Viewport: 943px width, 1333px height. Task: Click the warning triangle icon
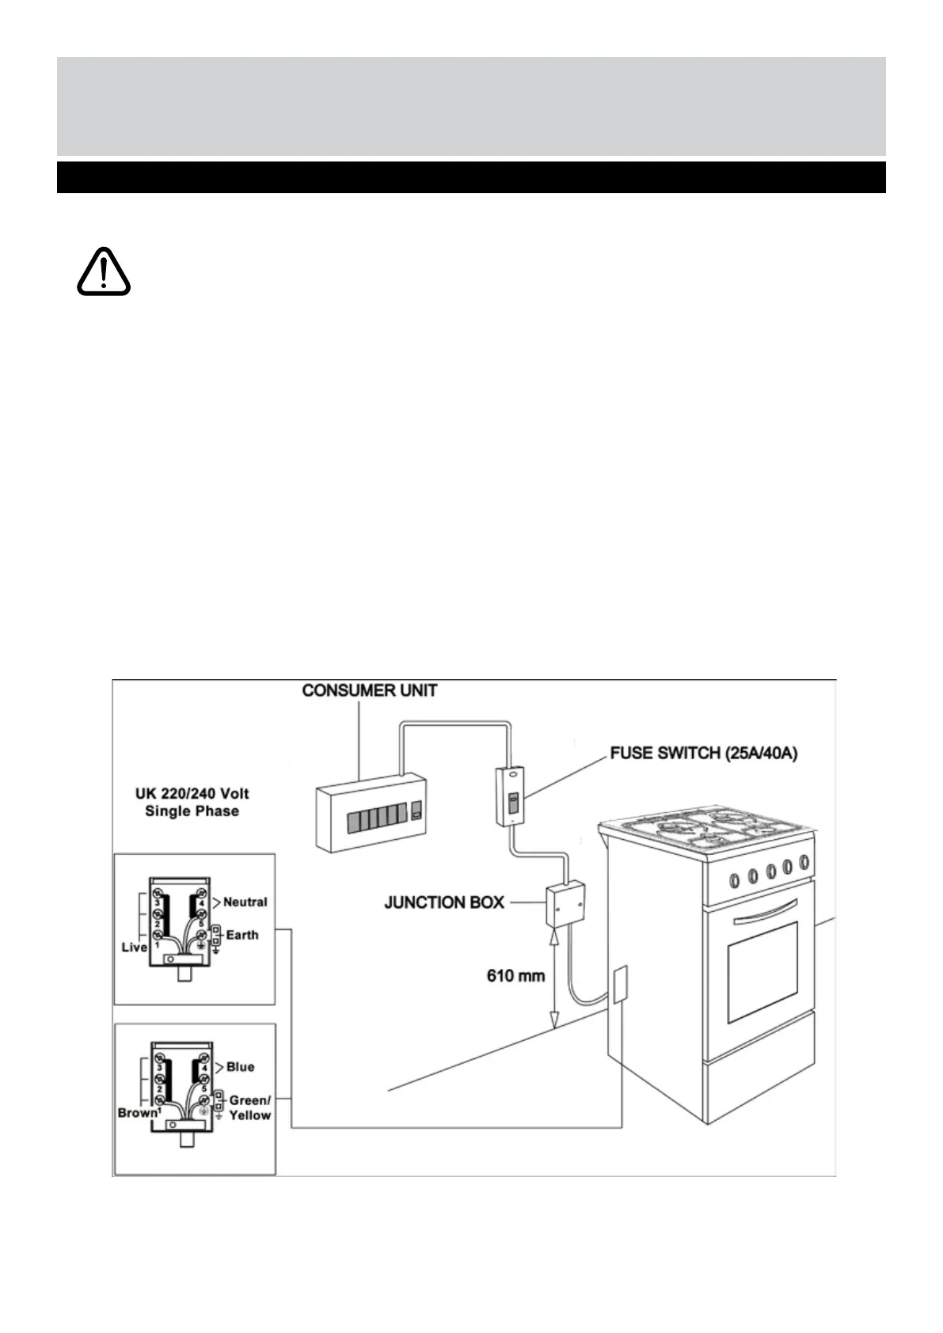tap(104, 272)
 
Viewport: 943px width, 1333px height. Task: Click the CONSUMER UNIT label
tap(369, 690)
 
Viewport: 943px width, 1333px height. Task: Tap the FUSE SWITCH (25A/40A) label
tap(703, 753)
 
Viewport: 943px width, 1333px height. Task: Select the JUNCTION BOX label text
tap(444, 902)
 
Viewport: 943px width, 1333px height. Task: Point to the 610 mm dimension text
tap(515, 976)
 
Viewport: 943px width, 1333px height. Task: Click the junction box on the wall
tap(565, 903)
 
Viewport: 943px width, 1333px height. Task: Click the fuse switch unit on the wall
tap(511, 796)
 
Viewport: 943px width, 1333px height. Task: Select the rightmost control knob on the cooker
tap(804, 862)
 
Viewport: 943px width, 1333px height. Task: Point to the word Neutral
tap(245, 902)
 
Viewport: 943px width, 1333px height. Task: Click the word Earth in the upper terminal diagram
tap(241, 935)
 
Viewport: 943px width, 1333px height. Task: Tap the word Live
tap(135, 947)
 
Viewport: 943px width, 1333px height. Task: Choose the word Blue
tap(240, 1067)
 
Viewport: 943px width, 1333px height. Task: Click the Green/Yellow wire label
tap(249, 1107)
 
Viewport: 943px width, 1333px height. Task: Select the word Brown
tap(138, 1112)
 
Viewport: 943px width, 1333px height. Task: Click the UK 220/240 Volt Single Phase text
tap(192, 802)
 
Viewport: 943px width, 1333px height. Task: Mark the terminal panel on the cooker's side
tap(619, 984)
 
